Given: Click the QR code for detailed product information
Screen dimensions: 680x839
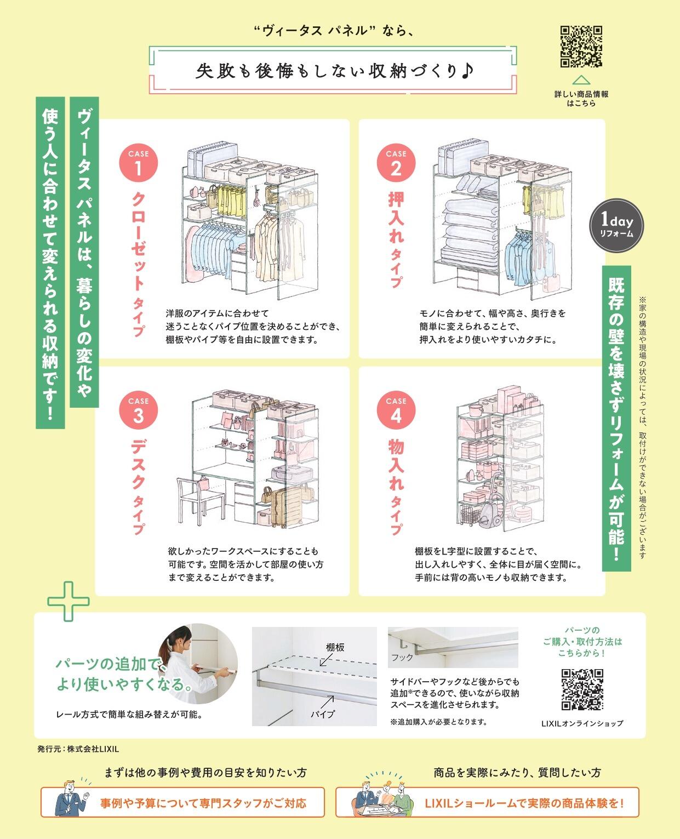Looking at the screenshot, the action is click(581, 47).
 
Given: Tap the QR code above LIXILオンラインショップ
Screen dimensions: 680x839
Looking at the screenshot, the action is click(582, 689).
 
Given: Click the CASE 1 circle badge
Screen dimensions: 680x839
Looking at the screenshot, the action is click(138, 163).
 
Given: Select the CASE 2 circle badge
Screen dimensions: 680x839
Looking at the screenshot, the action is click(396, 163).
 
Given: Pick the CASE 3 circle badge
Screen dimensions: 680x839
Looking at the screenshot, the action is click(138, 410).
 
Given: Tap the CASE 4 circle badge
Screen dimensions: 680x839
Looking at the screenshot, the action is click(396, 410).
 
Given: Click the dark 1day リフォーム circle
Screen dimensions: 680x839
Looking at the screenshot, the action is click(616, 225).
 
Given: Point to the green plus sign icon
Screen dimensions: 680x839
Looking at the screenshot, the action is click(68, 602).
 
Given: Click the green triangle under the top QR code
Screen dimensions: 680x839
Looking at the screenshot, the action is click(581, 80).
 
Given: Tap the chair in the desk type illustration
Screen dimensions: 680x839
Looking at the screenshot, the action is click(200, 500).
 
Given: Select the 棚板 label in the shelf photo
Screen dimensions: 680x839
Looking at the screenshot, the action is click(335, 647).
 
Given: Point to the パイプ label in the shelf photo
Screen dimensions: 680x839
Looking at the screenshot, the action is click(323, 714).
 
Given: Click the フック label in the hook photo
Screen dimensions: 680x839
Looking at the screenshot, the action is click(402, 657).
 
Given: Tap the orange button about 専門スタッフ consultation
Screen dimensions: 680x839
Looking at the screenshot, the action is click(182, 802).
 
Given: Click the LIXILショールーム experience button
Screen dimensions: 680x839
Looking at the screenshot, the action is click(487, 802).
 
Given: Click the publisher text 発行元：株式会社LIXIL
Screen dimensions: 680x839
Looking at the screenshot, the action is click(78, 749).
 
